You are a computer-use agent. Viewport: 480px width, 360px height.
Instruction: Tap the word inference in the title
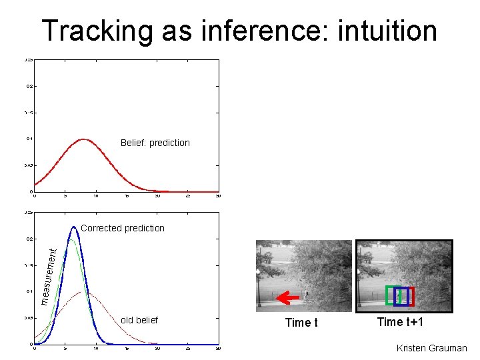pos(253,31)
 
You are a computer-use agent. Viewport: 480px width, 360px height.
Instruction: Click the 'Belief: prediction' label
pos(155,143)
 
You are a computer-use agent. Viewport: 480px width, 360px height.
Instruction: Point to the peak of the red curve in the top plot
pos(83,139)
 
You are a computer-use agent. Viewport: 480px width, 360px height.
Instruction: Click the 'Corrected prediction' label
pos(122,228)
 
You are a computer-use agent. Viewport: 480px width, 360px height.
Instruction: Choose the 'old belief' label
pos(139,320)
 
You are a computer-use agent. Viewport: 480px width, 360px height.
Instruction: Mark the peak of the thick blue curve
pos(75,227)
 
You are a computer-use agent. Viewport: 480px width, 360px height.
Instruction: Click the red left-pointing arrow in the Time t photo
pos(287,297)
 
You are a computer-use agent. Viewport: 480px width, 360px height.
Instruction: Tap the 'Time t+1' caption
pos(400,322)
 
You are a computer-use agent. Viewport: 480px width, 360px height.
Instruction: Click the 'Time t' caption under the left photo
pos(301,323)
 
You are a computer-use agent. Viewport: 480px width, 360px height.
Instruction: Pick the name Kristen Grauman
pos(431,348)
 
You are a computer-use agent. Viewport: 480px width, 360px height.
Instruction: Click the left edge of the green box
pos(387,295)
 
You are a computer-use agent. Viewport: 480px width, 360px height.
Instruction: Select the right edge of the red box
pos(414,296)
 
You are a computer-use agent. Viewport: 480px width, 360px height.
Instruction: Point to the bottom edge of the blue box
pos(401,305)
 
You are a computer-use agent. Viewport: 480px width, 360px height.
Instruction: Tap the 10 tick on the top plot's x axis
pos(96,196)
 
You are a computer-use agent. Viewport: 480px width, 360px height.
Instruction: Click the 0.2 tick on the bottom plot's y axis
pos(29,238)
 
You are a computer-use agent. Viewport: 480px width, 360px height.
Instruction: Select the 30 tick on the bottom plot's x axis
pos(219,348)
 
